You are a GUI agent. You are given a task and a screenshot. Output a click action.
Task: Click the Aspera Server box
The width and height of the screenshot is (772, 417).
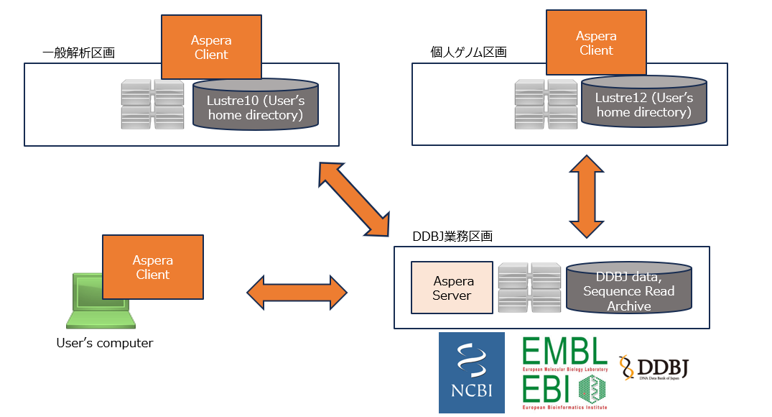pyautogui.click(x=452, y=288)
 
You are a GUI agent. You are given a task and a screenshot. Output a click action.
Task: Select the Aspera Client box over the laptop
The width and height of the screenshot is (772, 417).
pyautogui.click(x=153, y=267)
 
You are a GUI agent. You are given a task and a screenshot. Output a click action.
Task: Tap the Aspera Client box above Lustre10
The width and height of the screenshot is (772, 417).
pyautogui.click(x=211, y=47)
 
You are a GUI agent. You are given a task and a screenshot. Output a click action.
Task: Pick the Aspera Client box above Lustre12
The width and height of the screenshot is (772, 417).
pyautogui.click(x=596, y=42)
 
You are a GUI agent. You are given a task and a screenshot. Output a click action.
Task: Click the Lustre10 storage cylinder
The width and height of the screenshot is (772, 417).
pyautogui.click(x=256, y=104)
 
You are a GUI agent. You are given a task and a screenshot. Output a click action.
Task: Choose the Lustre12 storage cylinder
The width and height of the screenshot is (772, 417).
pyautogui.click(x=644, y=101)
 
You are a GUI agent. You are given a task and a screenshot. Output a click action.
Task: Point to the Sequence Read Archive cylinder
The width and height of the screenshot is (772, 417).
pyautogui.click(x=629, y=288)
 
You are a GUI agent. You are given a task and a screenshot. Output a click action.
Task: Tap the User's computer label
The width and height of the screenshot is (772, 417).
pyautogui.click(x=105, y=343)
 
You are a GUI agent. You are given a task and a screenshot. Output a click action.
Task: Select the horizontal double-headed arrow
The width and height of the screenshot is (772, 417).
pyautogui.click(x=297, y=293)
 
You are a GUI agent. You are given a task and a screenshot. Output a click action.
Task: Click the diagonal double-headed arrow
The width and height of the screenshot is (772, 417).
pyautogui.click(x=354, y=199)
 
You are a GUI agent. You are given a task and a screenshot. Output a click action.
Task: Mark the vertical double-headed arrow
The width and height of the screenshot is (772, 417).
pyautogui.click(x=587, y=196)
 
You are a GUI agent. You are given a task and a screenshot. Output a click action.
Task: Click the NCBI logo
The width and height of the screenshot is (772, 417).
pyautogui.click(x=472, y=372)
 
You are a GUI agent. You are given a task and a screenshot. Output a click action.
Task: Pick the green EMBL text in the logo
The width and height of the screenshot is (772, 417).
pyautogui.click(x=564, y=351)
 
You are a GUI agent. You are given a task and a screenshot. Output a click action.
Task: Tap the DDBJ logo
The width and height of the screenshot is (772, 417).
pyautogui.click(x=654, y=367)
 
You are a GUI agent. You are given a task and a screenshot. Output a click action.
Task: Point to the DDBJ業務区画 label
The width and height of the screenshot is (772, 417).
pyautogui.click(x=452, y=236)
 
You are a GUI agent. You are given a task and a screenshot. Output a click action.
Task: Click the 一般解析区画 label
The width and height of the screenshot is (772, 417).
pyautogui.click(x=79, y=52)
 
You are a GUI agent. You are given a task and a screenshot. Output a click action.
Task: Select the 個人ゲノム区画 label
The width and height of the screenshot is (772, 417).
pyautogui.click(x=469, y=52)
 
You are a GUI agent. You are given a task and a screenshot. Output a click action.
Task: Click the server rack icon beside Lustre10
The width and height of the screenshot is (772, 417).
pyautogui.click(x=153, y=104)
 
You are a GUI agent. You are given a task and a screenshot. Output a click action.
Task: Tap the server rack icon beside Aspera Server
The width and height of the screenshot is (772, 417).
pyautogui.click(x=529, y=288)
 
